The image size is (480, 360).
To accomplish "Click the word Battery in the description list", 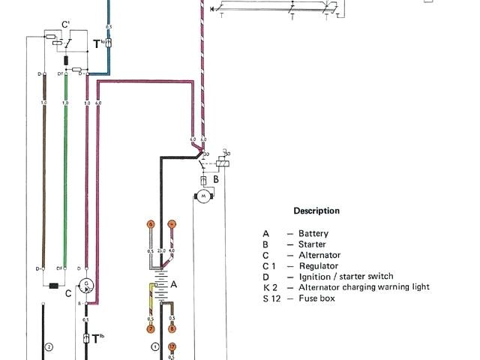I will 313,234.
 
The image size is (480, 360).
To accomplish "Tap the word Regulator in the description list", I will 318,266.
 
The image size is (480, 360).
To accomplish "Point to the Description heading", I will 316,211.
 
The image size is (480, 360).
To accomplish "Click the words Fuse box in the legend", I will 316,298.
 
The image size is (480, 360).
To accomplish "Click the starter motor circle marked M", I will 204,195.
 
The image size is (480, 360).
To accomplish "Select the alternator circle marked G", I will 87,285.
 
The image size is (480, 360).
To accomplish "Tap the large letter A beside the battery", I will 174,284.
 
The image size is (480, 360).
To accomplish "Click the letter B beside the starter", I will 215,180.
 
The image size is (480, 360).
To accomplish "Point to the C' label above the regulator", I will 65,25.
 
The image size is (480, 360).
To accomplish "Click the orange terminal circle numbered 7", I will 150,328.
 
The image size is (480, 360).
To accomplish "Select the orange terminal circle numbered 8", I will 172,328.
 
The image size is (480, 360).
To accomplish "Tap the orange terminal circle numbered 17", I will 172,346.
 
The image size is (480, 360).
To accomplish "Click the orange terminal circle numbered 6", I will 150,224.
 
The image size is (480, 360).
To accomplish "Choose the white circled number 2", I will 49,346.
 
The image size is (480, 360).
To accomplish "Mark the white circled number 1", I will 155,346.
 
